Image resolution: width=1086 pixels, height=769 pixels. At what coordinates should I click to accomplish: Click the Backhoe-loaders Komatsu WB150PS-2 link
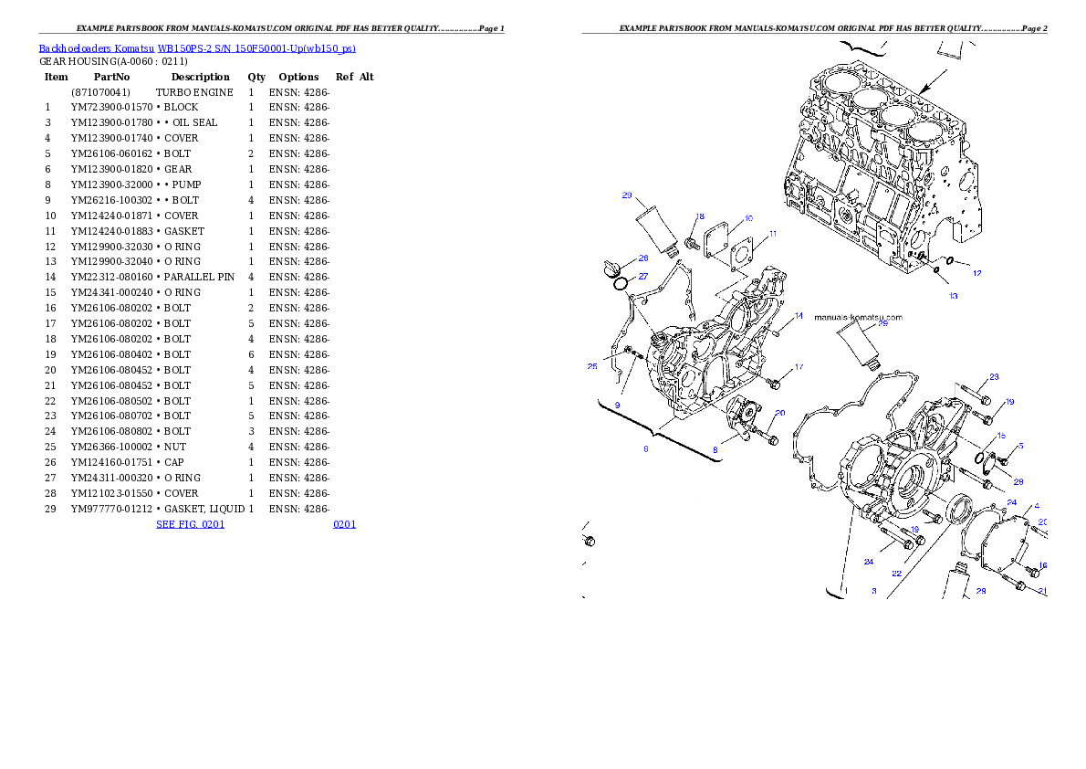point(196,48)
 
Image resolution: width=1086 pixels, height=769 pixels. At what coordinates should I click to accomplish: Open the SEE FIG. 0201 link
point(190,524)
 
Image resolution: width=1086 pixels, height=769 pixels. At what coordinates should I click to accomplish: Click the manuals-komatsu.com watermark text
point(857,318)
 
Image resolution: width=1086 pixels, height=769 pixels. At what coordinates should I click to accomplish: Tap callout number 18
point(700,217)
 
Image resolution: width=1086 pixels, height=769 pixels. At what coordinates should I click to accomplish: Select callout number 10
point(748,218)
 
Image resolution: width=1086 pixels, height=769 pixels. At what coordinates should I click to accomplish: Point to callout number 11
point(772,235)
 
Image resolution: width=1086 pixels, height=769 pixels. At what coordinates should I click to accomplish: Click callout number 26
point(642,258)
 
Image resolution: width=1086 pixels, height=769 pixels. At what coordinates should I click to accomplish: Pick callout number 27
point(642,277)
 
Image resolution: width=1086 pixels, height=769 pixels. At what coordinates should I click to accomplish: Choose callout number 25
point(592,366)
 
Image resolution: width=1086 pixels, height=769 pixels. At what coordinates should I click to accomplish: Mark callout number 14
point(798,316)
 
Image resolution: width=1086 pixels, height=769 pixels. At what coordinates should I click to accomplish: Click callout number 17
point(799,367)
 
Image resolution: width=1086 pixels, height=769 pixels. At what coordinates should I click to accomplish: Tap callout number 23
point(994,376)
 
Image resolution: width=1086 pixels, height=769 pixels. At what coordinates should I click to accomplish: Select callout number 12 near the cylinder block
point(976,273)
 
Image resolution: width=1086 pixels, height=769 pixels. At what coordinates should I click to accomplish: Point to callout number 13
point(954,296)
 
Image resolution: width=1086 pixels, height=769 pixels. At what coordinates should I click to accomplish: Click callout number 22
point(897,574)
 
